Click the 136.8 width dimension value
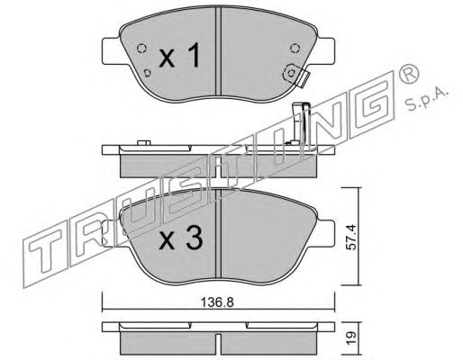[x=217, y=302]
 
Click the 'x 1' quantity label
[x=179, y=55]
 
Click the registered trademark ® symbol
[x=408, y=74]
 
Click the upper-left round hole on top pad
[x=141, y=48]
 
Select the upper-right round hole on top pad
[x=295, y=48]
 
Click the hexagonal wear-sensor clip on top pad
[x=291, y=73]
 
